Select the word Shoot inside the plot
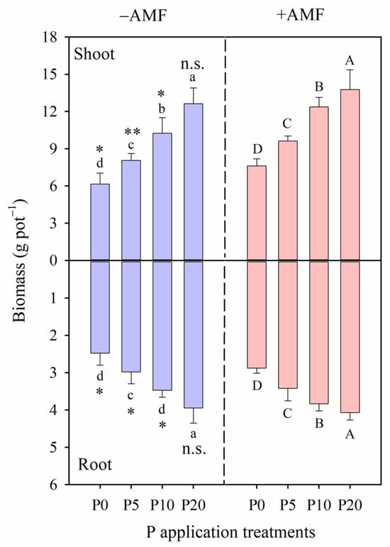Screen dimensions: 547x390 [x=96, y=54]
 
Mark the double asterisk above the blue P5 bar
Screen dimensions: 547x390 [x=131, y=133]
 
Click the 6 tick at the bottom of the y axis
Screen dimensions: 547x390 [x=55, y=485]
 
